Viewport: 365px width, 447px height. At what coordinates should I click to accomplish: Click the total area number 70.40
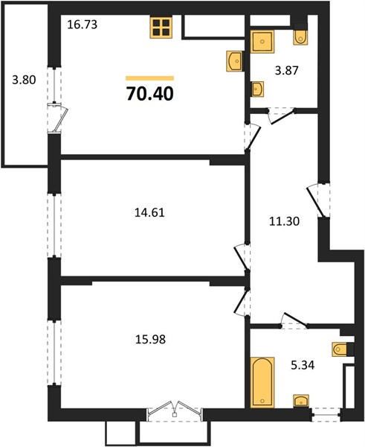[x=150, y=94]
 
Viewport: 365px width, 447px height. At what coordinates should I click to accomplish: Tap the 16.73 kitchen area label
[x=83, y=25]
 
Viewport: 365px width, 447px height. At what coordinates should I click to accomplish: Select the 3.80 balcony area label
[x=24, y=80]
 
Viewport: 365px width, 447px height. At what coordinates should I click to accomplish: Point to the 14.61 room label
[x=149, y=212]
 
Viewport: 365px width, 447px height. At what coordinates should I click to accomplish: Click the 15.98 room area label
[x=150, y=339]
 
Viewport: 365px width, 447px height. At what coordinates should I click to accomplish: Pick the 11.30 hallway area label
[x=284, y=221]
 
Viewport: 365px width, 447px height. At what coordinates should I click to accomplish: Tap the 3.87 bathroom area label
[x=286, y=70]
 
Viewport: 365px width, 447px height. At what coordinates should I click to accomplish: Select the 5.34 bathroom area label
[x=303, y=365]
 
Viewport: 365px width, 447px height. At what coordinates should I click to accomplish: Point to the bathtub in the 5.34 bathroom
[x=262, y=382]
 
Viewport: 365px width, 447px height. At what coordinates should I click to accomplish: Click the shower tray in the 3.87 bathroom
[x=262, y=42]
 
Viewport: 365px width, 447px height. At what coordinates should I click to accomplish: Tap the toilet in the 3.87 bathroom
[x=300, y=37]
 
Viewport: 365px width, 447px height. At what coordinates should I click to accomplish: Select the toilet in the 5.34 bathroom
[x=340, y=349]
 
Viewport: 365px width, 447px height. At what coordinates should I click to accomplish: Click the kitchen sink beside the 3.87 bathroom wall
[x=234, y=61]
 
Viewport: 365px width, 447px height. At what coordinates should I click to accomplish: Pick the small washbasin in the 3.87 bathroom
[x=257, y=89]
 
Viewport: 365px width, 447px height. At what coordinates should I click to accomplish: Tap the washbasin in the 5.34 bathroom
[x=301, y=402]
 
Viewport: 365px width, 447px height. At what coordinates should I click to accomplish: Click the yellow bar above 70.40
[x=149, y=78]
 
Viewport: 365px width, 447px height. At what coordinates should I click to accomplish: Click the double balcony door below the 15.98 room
[x=175, y=410]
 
